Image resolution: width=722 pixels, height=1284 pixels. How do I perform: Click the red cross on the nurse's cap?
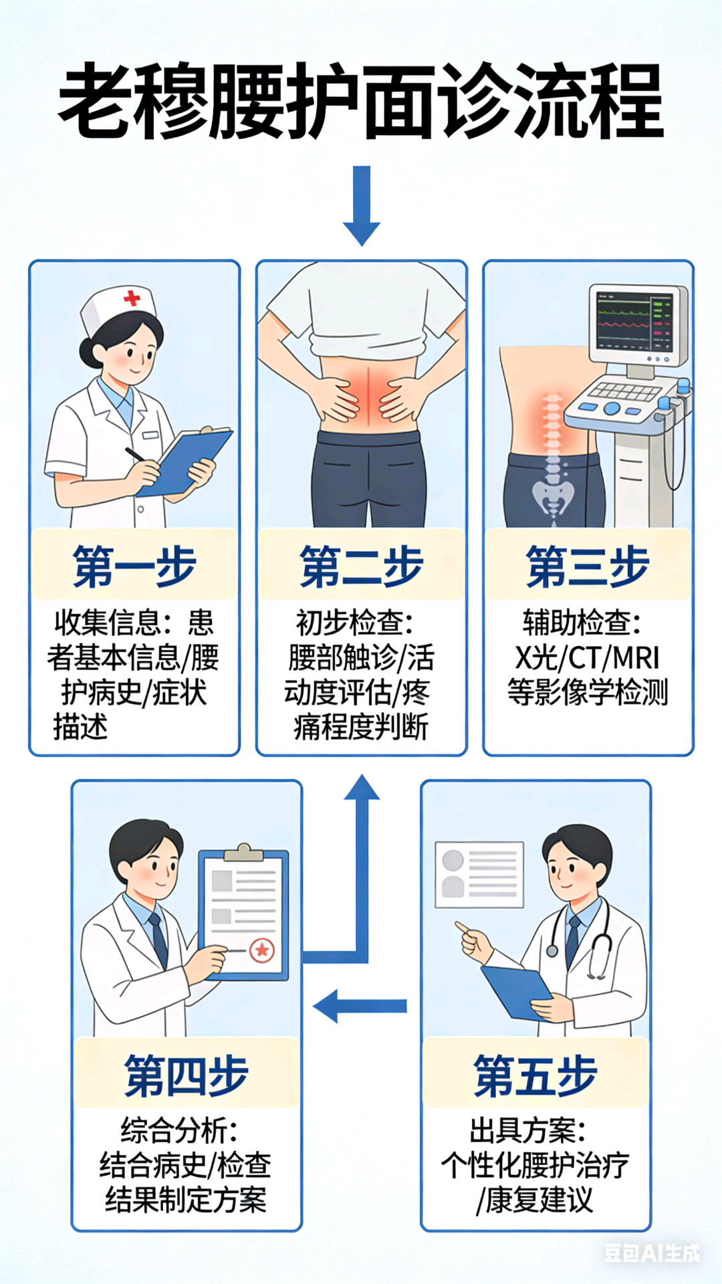click(x=132, y=298)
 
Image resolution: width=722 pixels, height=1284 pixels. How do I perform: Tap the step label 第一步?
click(x=134, y=566)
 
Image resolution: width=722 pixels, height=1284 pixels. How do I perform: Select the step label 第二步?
click(x=361, y=566)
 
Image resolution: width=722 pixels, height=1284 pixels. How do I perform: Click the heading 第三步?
click(x=588, y=566)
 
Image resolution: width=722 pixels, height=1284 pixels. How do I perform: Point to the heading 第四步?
click(x=187, y=1076)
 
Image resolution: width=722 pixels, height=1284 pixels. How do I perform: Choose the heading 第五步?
click(x=535, y=1076)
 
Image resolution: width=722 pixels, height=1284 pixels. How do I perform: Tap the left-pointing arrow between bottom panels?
click(x=358, y=1006)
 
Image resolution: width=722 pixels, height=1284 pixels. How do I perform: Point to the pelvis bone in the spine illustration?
click(x=553, y=495)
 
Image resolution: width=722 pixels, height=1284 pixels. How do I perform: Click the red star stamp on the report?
click(x=262, y=950)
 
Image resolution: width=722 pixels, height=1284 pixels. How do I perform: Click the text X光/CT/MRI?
click(x=587, y=658)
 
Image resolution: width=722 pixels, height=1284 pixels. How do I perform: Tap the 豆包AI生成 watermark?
click(x=652, y=1253)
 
